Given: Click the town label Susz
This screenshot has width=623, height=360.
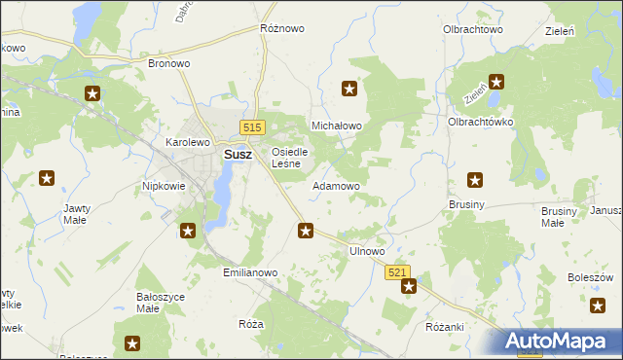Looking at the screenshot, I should coord(238,154).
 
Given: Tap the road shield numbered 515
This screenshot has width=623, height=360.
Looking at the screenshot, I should coord(253,127).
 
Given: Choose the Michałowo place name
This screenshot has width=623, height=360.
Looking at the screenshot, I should coord(336,126).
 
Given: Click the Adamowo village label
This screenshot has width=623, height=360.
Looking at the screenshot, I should coord(336,185).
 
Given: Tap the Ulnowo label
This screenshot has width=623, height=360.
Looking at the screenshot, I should coord(368,251).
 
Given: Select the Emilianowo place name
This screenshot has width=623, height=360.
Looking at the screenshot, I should coord(251,273).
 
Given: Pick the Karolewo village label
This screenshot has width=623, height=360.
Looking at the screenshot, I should coord(188,142).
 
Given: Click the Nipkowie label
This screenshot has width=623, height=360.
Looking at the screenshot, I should coord(163,185).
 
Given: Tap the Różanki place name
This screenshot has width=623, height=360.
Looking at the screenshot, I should coord(445,327).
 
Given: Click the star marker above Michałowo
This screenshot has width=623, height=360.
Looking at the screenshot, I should coord(349,90).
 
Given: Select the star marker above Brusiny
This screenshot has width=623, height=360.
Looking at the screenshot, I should coord(475,179).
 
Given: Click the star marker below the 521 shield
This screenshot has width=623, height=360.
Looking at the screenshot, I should coord(409,286).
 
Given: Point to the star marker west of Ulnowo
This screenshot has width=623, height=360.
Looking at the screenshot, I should coord(306,231).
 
